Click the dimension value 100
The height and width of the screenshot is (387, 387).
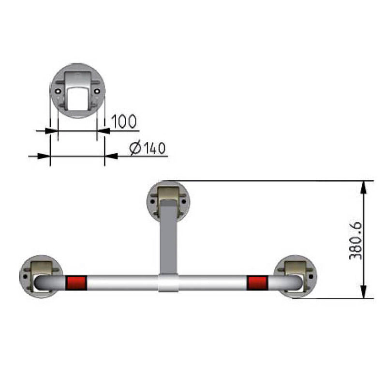(x=124, y=121)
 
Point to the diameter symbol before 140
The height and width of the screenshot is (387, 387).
(x=136, y=148)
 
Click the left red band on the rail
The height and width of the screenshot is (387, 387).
(x=75, y=282)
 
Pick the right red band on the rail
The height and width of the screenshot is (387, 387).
(x=256, y=282)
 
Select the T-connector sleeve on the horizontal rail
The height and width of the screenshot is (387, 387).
(x=169, y=283)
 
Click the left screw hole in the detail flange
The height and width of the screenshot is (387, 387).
(x=59, y=91)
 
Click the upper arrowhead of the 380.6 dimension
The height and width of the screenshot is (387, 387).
(x=364, y=186)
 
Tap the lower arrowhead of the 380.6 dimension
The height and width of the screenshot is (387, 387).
(x=364, y=293)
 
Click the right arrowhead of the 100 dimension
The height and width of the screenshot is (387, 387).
(x=103, y=131)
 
